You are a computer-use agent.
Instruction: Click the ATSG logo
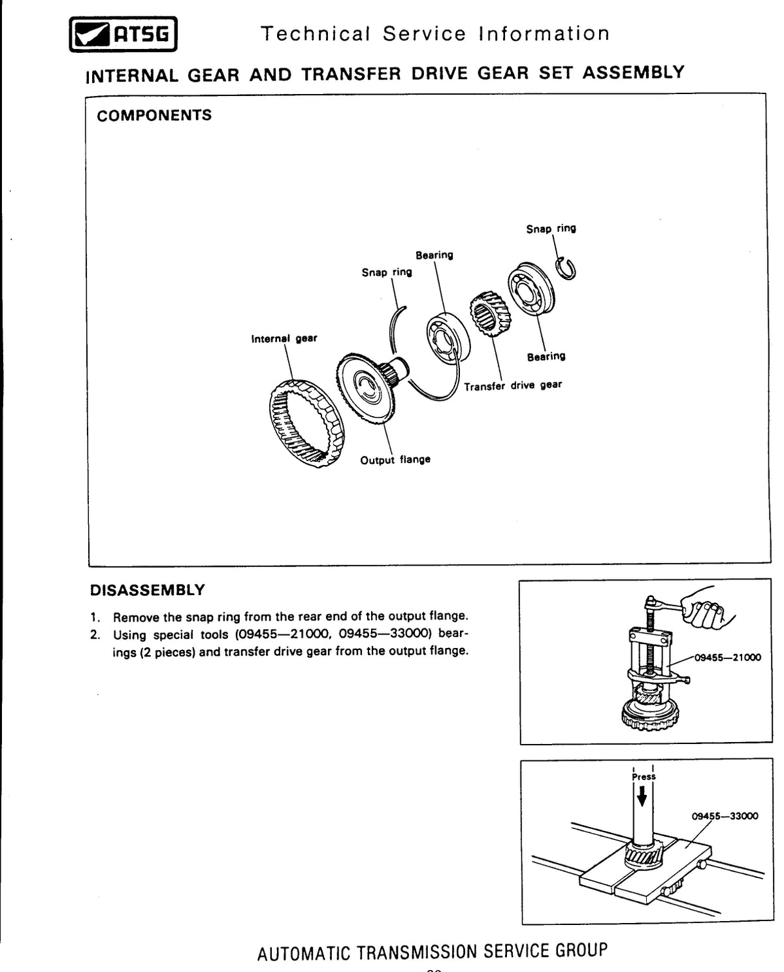[x=123, y=35]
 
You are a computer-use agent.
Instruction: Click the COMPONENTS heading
[x=154, y=116]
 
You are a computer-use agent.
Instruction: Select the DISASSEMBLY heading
[x=147, y=590]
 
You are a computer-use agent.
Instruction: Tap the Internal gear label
[x=284, y=338]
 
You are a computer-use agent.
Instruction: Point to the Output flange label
[x=395, y=460]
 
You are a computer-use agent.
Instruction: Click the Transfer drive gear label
[x=513, y=385]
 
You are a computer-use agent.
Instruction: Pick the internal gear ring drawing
[x=306, y=423]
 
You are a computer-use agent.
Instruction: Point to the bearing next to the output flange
[x=448, y=338]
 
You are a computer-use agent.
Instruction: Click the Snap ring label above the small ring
[x=551, y=229]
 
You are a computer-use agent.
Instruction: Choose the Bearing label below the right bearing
[x=546, y=357]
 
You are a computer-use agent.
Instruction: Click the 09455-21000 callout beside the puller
[x=728, y=657]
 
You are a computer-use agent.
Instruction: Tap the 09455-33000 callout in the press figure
[x=725, y=816]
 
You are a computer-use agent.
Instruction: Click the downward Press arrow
[x=642, y=798]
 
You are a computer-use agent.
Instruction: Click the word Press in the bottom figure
[x=644, y=777]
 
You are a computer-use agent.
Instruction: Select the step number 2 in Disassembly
[x=95, y=634]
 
